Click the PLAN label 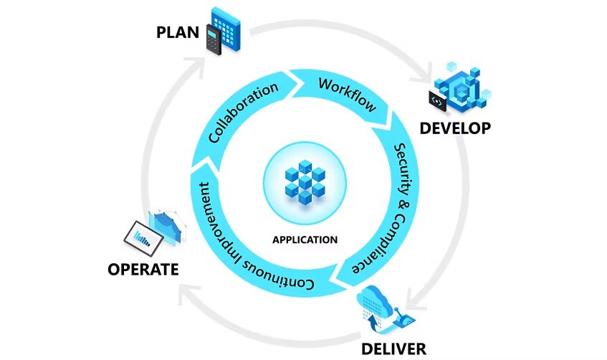point(178,33)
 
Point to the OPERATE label point(143,270)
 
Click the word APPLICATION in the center point(305,239)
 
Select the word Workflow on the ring point(347,94)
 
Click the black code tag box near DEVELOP point(437,101)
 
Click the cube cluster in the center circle point(304,180)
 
